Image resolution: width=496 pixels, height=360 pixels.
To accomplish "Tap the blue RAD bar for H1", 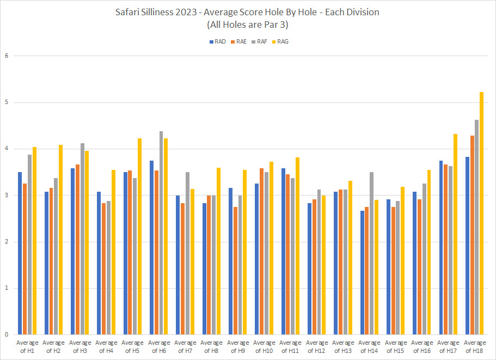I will (x=20, y=253).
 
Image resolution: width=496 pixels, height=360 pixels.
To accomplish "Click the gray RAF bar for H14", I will (x=371, y=253).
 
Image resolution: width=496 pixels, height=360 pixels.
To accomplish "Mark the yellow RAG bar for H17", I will (x=455, y=234).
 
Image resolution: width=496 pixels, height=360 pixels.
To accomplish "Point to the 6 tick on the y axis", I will (x=6, y=56).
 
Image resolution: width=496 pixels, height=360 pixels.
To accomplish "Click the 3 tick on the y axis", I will (x=6, y=195).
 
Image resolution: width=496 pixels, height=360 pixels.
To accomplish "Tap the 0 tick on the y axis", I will (x=6, y=334).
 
